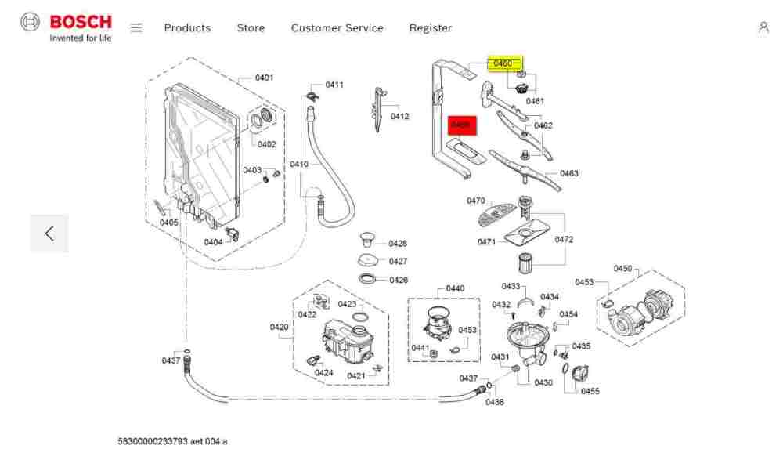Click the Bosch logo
67,27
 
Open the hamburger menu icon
136,27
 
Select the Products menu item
187,28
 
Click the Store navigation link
251,28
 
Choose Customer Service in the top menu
337,28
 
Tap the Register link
431,28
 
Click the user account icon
763,27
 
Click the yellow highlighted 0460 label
503,63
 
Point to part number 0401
265,78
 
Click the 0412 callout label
400,117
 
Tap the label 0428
398,244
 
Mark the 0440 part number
455,288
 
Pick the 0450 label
622,269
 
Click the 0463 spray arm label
569,173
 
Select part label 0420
280,327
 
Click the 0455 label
590,391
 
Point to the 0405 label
169,223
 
